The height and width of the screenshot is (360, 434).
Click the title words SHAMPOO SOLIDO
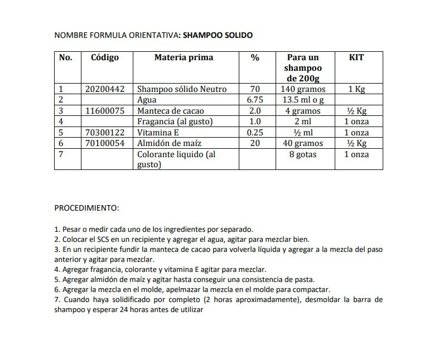[x=218, y=35]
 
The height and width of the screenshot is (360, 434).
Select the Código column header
[x=105, y=57]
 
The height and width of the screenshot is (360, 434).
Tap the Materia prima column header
[x=184, y=57]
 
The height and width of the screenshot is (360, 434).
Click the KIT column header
[x=356, y=57]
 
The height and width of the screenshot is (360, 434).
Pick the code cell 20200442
[x=107, y=89]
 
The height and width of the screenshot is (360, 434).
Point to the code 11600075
[x=107, y=111]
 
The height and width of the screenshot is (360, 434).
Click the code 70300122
[x=107, y=133]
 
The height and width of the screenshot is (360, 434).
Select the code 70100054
[x=107, y=143]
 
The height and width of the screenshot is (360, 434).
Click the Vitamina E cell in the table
[x=158, y=133]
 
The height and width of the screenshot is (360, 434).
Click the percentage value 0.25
[x=255, y=133]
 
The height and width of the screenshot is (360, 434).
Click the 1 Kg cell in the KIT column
[x=357, y=89]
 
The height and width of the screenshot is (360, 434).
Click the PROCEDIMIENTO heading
[x=86, y=208]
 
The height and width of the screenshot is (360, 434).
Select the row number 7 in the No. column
[x=61, y=154]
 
